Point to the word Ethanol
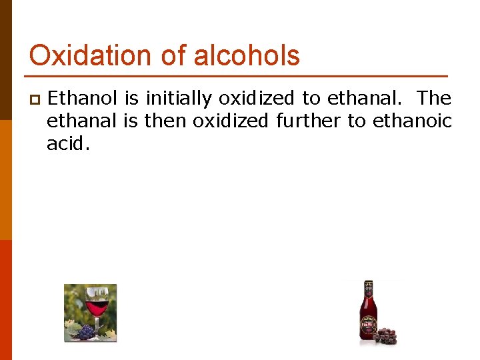[x=83, y=99]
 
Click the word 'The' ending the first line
[x=435, y=99]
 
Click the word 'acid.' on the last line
[x=67, y=143]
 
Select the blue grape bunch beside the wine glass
[x=84, y=331]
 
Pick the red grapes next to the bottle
[x=385, y=335]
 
